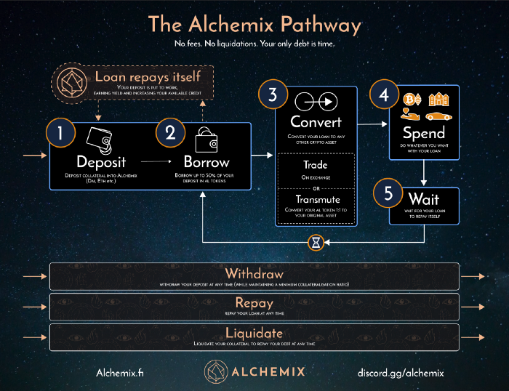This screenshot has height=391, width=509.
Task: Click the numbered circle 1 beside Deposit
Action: tap(61, 134)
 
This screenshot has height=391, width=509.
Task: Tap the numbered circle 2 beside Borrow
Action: tap(170, 134)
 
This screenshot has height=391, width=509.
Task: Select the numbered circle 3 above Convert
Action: tap(273, 95)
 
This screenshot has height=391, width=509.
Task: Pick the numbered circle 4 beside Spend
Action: tap(385, 96)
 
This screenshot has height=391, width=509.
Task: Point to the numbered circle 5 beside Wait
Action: tap(388, 195)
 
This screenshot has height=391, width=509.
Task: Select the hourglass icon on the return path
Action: tap(316, 243)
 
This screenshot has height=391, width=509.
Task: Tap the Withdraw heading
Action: tap(254, 274)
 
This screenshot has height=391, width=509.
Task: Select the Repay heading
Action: tap(254, 302)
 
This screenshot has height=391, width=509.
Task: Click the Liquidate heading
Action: tap(254, 331)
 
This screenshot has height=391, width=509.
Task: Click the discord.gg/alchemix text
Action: tap(400, 372)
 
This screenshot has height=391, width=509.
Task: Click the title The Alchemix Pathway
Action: tap(254, 25)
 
